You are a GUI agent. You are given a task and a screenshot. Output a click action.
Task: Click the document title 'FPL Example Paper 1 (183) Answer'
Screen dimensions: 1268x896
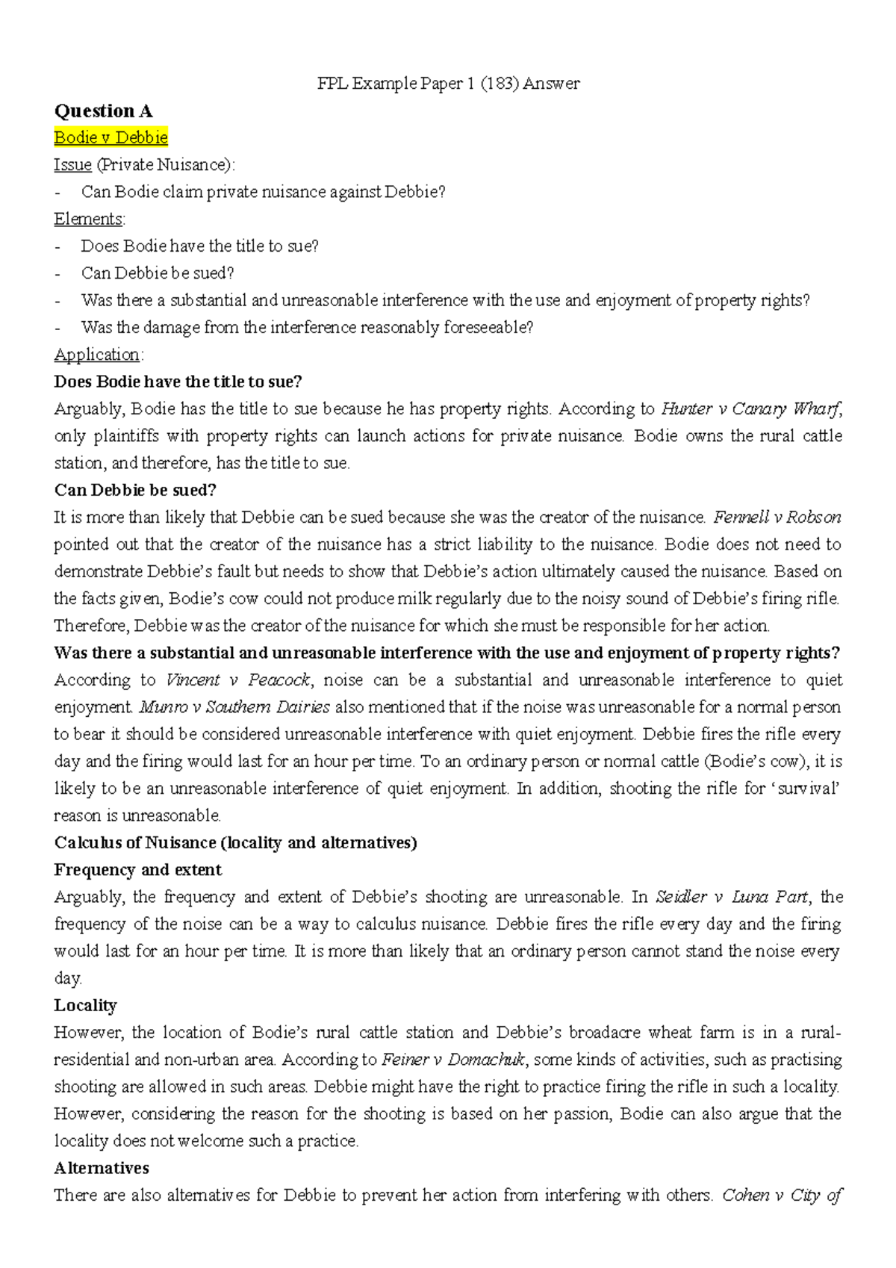[448, 84]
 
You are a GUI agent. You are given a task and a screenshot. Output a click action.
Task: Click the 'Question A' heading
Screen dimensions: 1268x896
[103, 111]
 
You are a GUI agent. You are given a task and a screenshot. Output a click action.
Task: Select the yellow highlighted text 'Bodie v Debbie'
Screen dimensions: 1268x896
[111, 137]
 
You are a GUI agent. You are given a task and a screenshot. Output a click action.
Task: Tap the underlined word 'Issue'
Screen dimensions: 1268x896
[72, 164]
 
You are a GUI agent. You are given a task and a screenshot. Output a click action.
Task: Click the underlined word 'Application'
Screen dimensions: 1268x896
[97, 355]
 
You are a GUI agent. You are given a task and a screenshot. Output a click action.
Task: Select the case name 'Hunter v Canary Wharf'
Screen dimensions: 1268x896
[751, 408]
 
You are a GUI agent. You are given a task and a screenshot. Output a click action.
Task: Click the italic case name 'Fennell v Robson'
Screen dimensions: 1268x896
[777, 517]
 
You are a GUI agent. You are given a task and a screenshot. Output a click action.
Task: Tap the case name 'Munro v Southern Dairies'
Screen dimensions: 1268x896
[234, 706]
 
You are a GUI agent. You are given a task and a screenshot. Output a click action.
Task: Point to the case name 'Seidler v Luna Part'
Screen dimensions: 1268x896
[732, 896]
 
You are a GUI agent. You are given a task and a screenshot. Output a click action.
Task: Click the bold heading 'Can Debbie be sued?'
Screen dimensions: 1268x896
[135, 490]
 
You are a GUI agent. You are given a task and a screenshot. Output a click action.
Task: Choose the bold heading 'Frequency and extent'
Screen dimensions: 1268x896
[137, 869]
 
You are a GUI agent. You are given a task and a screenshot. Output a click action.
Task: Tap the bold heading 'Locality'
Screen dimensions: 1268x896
[85, 1005]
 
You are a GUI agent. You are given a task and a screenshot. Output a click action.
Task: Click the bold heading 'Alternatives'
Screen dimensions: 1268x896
[102, 1168]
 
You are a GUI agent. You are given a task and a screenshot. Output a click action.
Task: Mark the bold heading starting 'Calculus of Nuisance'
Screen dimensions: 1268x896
[235, 842]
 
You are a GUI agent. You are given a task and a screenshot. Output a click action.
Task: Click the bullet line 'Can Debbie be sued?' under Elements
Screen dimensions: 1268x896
[158, 273]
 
